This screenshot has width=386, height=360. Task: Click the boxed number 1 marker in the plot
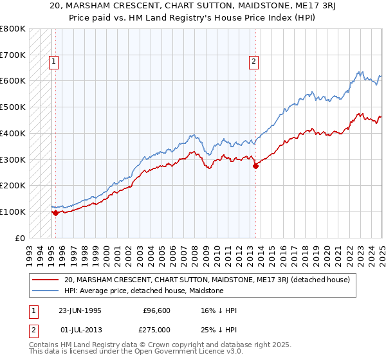(53, 62)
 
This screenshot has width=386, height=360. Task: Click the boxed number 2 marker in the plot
(254, 62)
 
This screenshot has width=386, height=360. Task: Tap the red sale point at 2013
(255, 166)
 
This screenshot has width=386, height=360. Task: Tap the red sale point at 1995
(55, 213)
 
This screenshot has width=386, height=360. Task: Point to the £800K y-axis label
(13, 29)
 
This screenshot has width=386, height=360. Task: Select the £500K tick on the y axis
(13, 107)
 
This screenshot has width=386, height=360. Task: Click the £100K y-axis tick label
(13, 212)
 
